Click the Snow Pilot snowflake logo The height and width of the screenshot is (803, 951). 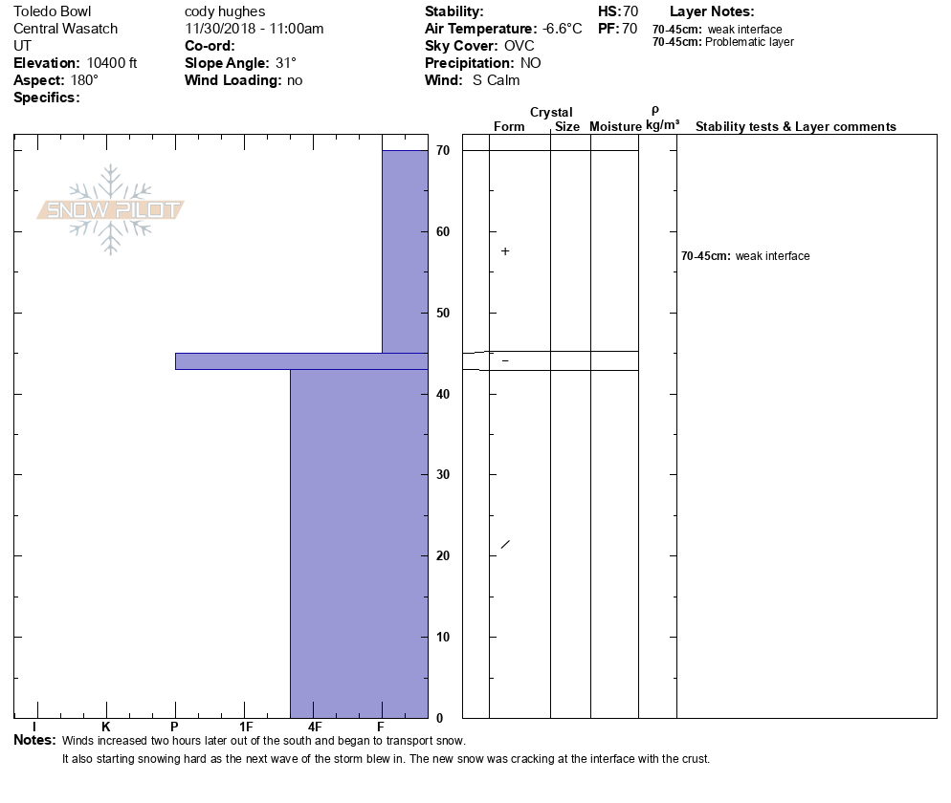coord(111,209)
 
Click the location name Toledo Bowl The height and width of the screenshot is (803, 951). coord(53,12)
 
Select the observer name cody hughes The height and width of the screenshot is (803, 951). coord(226,12)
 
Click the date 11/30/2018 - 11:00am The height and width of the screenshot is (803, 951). coord(254,29)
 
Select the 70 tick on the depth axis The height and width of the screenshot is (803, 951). coord(443,151)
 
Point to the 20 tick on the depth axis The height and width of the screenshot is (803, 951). coord(443,556)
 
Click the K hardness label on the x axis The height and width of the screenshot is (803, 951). coord(105,727)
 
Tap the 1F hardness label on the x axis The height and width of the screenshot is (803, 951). coord(246,727)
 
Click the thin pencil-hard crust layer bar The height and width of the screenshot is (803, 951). coord(300,361)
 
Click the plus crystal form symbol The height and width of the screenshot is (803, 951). coord(505,251)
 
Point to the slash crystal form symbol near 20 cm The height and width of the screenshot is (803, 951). coord(505,545)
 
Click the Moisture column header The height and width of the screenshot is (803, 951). coord(615,127)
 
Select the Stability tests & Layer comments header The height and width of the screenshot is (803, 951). coord(795,127)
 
